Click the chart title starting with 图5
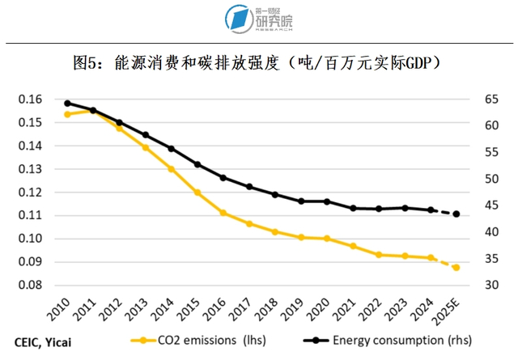(x=259, y=62)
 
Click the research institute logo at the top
(x=259, y=19)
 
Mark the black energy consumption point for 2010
(x=67, y=104)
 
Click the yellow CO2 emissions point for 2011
(x=93, y=111)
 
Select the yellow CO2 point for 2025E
(x=456, y=267)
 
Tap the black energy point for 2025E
(x=456, y=214)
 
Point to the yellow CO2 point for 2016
(x=223, y=213)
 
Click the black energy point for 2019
(x=301, y=201)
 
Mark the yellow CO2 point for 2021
(x=353, y=246)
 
